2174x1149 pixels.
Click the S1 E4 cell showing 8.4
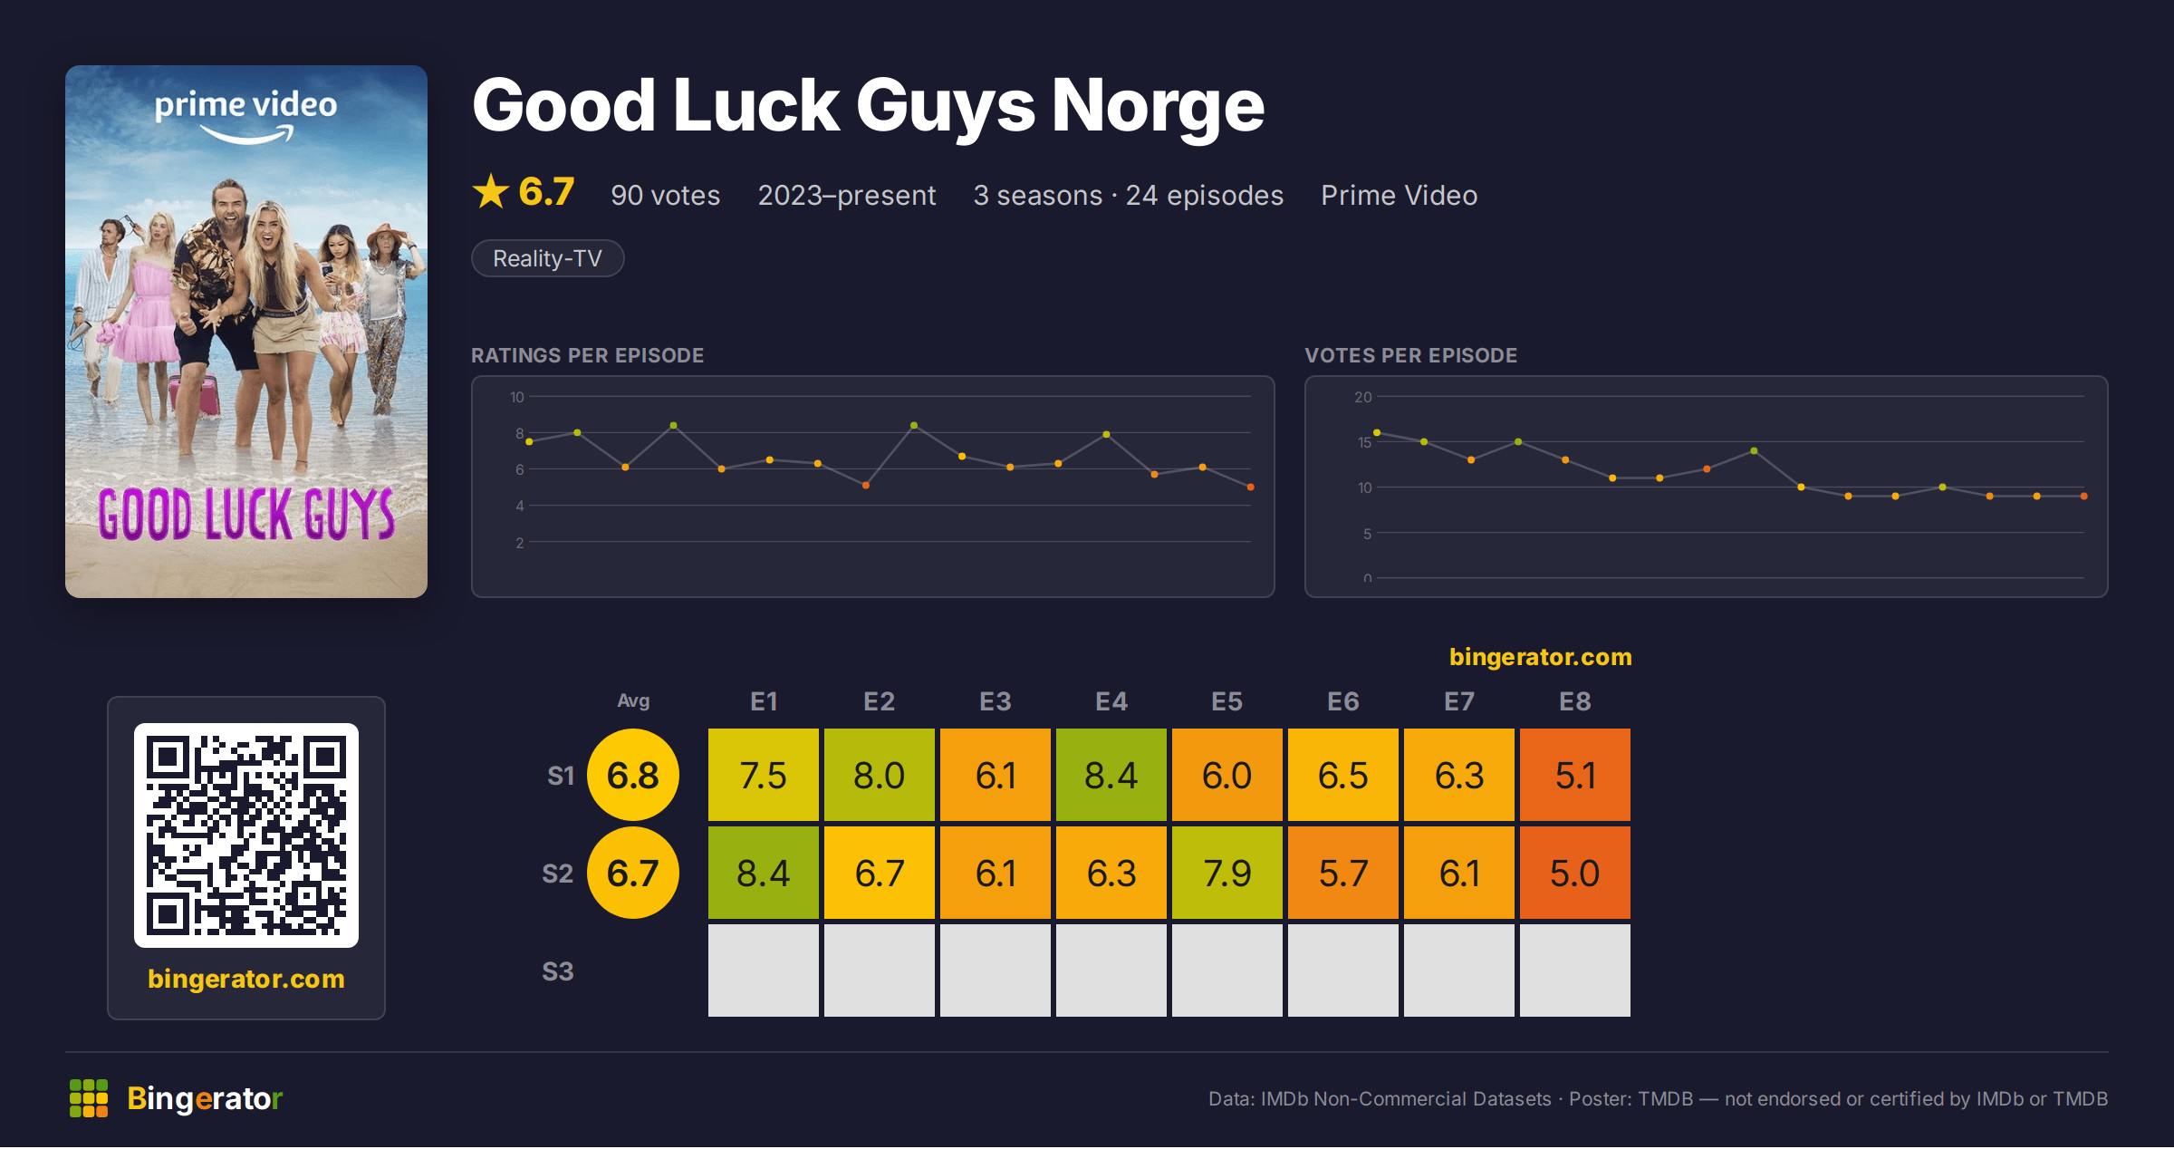(x=1111, y=775)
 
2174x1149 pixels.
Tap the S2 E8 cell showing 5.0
(x=1575, y=873)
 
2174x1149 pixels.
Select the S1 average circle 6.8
(x=633, y=775)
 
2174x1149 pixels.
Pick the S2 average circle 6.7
(x=633, y=873)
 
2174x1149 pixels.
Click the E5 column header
(x=1227, y=701)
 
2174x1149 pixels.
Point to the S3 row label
(x=558, y=971)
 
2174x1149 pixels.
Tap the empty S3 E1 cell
(x=764, y=970)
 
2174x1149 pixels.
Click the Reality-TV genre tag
(x=548, y=258)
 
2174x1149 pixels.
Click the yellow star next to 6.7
(x=491, y=191)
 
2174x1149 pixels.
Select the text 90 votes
(x=666, y=195)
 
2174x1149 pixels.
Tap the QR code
(x=246, y=835)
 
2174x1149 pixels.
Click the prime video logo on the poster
(x=246, y=116)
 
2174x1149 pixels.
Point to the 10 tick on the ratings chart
(x=517, y=397)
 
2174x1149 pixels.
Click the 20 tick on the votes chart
(x=1363, y=397)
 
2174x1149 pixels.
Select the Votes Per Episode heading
(x=1411, y=355)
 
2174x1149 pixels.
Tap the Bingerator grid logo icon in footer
(x=89, y=1098)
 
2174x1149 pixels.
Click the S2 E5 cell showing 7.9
(x=1227, y=873)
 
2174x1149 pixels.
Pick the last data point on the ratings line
(x=1251, y=488)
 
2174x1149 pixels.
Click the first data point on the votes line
(x=1377, y=433)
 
